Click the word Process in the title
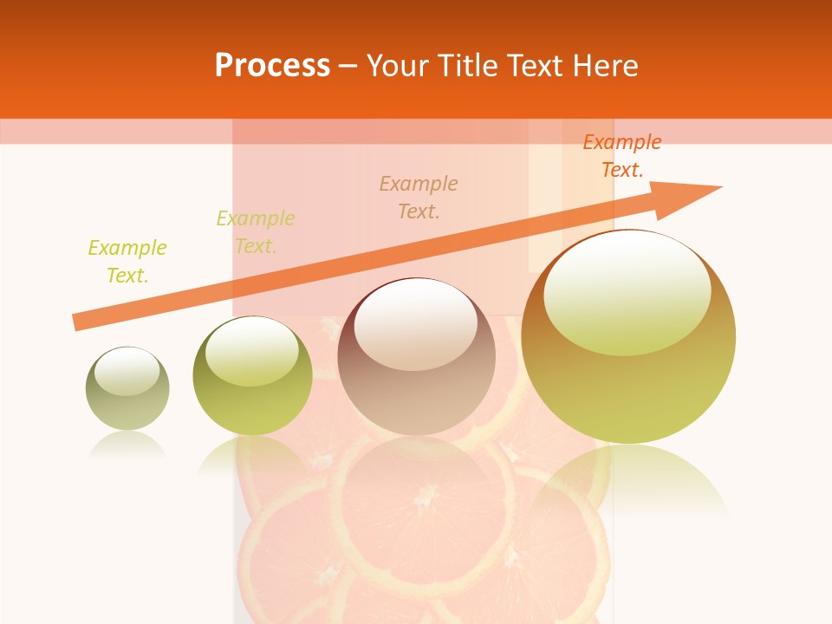click(x=272, y=66)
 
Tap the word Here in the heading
click(x=605, y=66)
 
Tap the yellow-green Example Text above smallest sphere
click(x=127, y=262)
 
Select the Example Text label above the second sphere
click(x=256, y=232)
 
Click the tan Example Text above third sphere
click(x=419, y=197)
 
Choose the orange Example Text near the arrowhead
click(x=622, y=156)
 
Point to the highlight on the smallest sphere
click(x=127, y=371)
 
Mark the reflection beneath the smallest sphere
click(x=127, y=445)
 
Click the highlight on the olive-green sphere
click(x=252, y=350)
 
